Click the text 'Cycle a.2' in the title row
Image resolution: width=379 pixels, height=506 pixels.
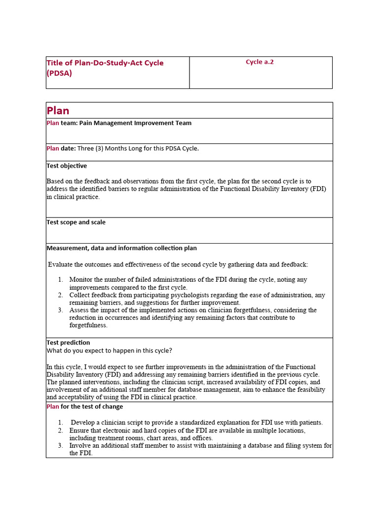pyautogui.click(x=260, y=62)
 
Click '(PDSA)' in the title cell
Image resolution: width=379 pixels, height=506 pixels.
pyautogui.click(x=59, y=73)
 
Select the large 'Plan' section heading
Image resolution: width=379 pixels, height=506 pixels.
pyautogui.click(x=58, y=111)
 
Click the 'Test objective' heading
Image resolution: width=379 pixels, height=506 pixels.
pyautogui.click(x=67, y=166)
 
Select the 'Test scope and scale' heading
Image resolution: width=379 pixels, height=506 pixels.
pyautogui.click(x=76, y=222)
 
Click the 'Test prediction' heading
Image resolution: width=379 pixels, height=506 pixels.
pyautogui.click(x=68, y=342)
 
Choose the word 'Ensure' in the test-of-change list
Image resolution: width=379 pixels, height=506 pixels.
pyautogui.click(x=79, y=430)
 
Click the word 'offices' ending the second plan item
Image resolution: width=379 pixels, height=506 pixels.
pyautogui.click(x=202, y=438)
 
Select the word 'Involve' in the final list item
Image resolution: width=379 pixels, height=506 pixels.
pyautogui.click(x=80, y=446)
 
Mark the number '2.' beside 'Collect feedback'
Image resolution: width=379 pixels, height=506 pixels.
pyautogui.click(x=60, y=295)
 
